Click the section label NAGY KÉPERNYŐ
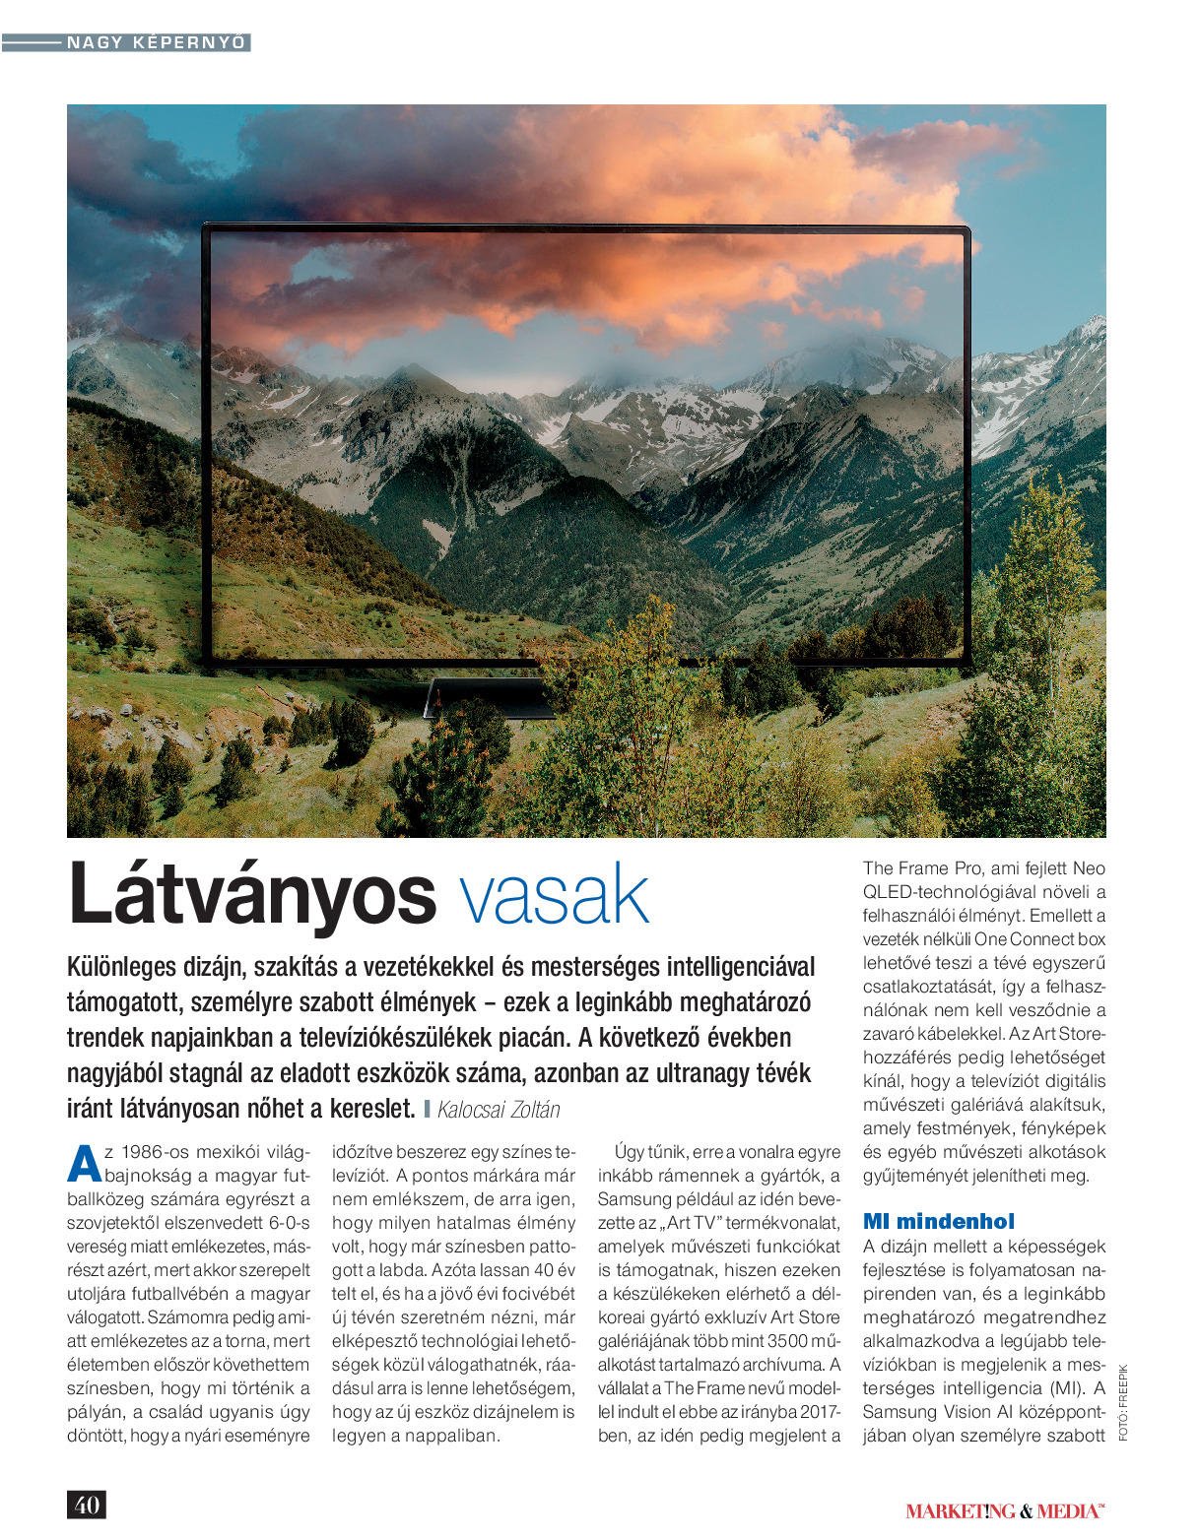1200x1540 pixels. coord(156,42)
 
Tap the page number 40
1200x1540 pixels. coord(87,1505)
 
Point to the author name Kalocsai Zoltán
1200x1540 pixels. coord(499,1110)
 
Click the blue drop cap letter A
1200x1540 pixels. coord(84,1164)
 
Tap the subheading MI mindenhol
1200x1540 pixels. coord(938,1222)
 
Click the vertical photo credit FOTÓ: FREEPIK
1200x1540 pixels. coord(1123,1402)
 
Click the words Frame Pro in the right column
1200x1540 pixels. coord(938,868)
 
